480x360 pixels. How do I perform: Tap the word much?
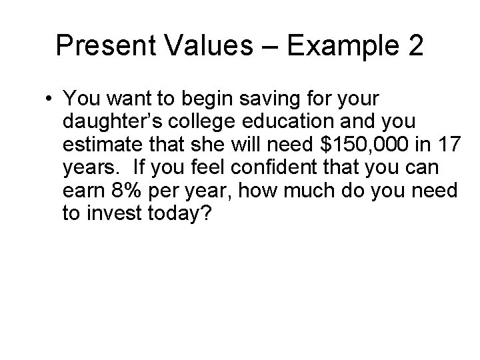(x=317, y=191)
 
